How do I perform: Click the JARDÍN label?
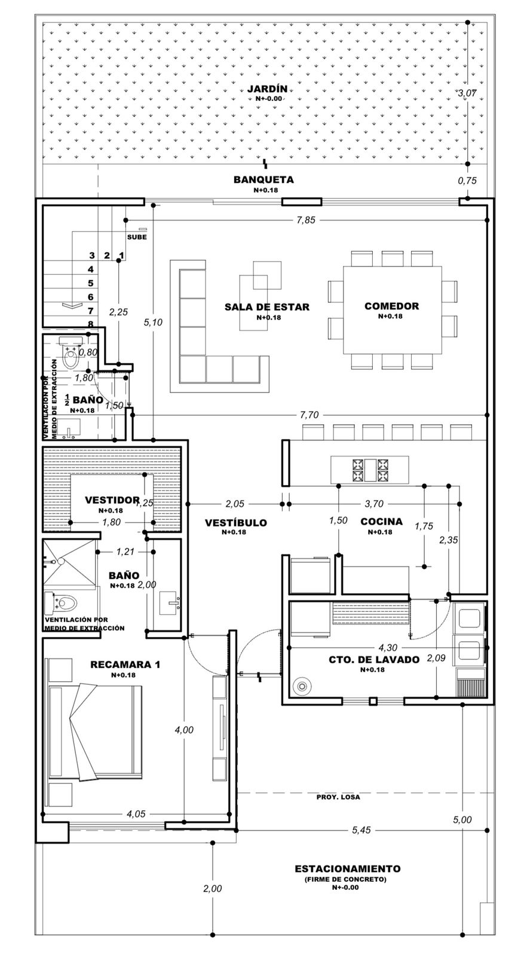click(267, 89)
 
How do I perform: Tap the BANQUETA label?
click(263, 179)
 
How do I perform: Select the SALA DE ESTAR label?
click(267, 307)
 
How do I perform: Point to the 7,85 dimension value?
click(306, 220)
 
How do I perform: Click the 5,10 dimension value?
click(154, 322)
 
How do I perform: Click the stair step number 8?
click(91, 324)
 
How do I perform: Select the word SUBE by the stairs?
click(137, 237)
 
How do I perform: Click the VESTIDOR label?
click(112, 500)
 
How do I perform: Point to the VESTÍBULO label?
click(235, 523)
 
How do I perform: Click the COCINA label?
click(381, 522)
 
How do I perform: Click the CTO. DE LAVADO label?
click(374, 660)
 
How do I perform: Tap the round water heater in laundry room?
click(302, 687)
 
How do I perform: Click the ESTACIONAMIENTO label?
click(348, 869)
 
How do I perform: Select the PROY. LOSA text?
click(339, 797)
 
